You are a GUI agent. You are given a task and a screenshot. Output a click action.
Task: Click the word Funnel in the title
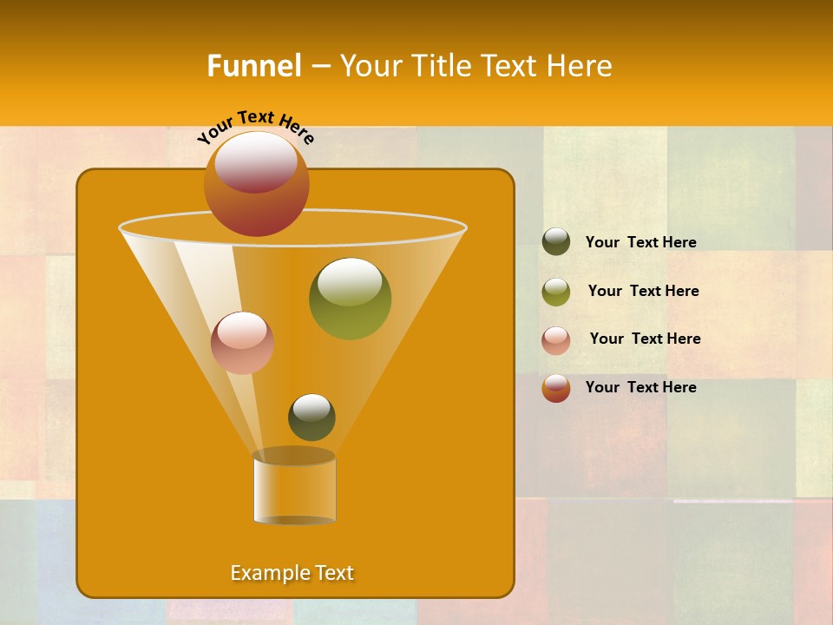click(254, 66)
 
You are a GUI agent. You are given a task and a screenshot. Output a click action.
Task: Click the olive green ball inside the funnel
click(350, 299)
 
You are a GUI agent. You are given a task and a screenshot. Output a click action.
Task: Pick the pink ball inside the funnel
click(242, 343)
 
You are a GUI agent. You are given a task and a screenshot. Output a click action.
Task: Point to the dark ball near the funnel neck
click(312, 418)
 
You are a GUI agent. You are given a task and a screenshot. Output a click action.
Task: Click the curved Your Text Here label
click(255, 127)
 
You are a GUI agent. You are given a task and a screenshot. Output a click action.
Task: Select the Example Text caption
click(292, 573)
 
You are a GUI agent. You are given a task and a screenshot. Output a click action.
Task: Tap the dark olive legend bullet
click(556, 242)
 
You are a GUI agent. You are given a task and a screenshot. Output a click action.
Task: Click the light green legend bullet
click(556, 292)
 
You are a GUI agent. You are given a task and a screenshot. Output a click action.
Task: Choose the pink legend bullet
click(556, 340)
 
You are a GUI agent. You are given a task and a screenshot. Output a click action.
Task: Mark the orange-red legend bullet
click(556, 388)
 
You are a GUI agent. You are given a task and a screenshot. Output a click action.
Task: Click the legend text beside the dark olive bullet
click(640, 243)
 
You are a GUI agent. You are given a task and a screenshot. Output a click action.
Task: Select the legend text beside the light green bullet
click(643, 291)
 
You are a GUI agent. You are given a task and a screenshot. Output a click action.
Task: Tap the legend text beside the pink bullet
click(645, 339)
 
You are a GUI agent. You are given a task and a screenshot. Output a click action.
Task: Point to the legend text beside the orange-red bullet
click(640, 387)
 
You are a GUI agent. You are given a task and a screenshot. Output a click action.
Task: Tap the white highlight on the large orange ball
click(256, 161)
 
